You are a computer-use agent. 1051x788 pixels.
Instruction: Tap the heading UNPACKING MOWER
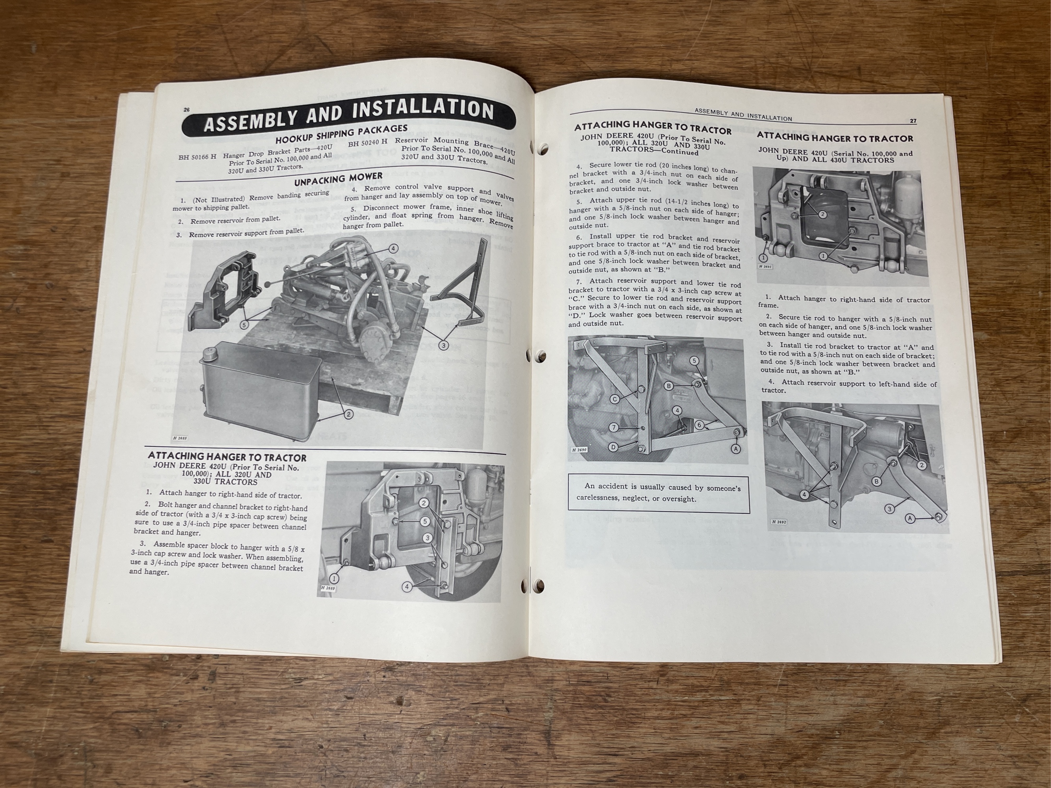338,180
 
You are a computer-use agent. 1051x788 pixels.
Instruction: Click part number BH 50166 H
197,157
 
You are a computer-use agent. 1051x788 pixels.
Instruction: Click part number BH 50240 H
367,143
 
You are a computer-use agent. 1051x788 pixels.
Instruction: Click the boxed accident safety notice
659,494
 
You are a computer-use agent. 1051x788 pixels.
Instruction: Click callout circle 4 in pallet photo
393,249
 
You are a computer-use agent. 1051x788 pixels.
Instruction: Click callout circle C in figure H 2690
614,399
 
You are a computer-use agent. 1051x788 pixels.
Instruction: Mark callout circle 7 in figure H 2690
614,427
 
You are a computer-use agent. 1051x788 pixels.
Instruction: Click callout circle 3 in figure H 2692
889,509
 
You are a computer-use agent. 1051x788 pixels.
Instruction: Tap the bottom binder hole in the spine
526,585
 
